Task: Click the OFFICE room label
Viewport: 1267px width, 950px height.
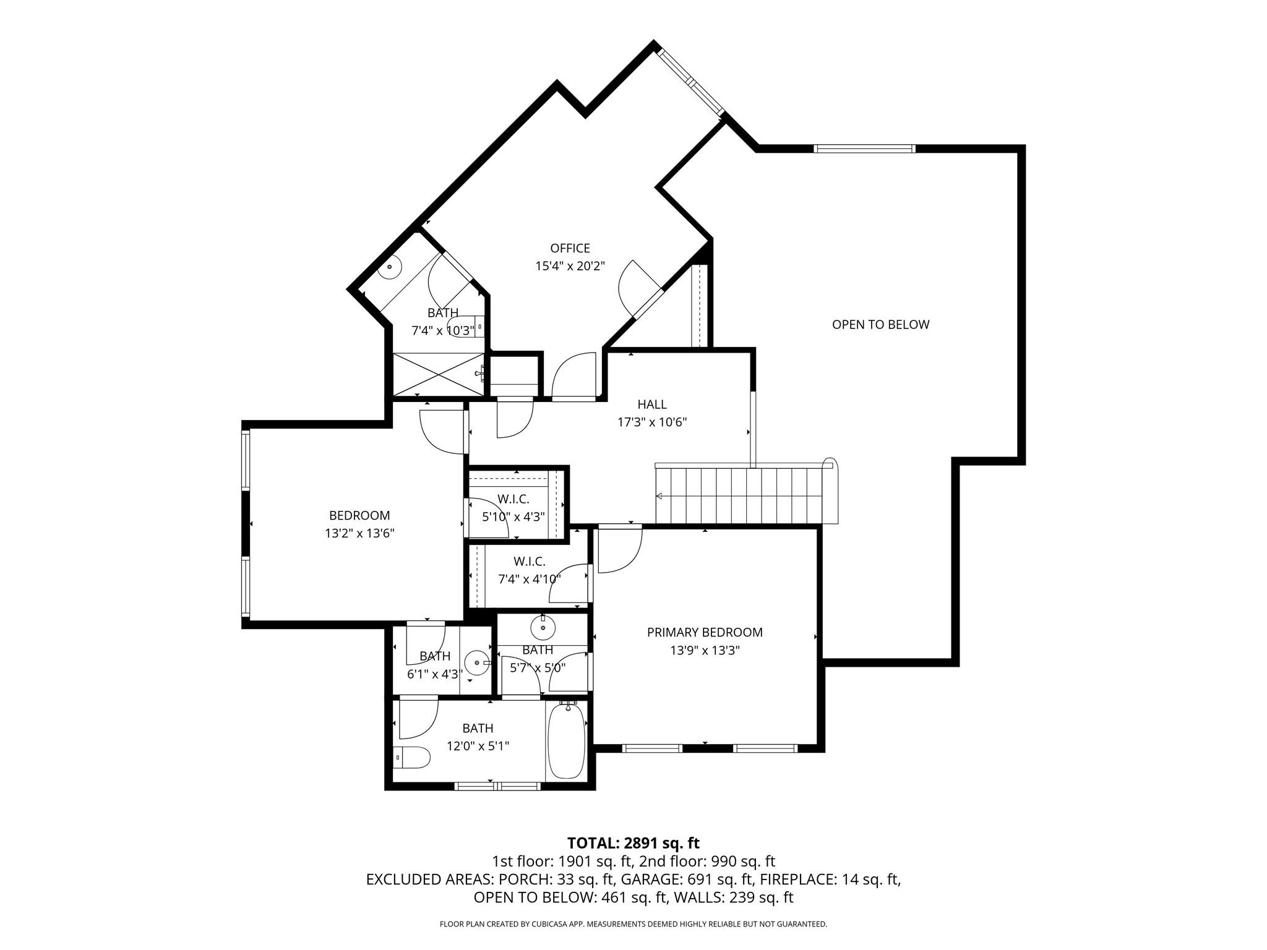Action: tap(570, 248)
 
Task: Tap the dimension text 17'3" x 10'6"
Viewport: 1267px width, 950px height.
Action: tap(652, 422)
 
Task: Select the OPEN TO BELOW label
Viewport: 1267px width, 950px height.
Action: tap(880, 325)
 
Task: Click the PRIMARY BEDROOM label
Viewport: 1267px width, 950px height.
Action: tap(705, 632)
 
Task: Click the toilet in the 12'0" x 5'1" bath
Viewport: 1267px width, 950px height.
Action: tap(413, 757)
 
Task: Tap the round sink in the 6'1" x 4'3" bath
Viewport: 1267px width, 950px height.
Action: tap(478, 663)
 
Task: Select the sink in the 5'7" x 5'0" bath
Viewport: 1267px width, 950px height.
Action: tap(543, 628)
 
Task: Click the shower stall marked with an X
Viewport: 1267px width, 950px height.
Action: tap(439, 374)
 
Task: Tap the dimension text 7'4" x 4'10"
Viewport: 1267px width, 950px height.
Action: tap(530, 580)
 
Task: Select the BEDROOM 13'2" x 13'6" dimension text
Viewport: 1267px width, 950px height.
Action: tap(359, 533)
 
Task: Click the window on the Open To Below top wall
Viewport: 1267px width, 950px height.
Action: tap(864, 148)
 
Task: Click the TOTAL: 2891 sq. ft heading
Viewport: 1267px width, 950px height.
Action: tap(633, 843)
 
